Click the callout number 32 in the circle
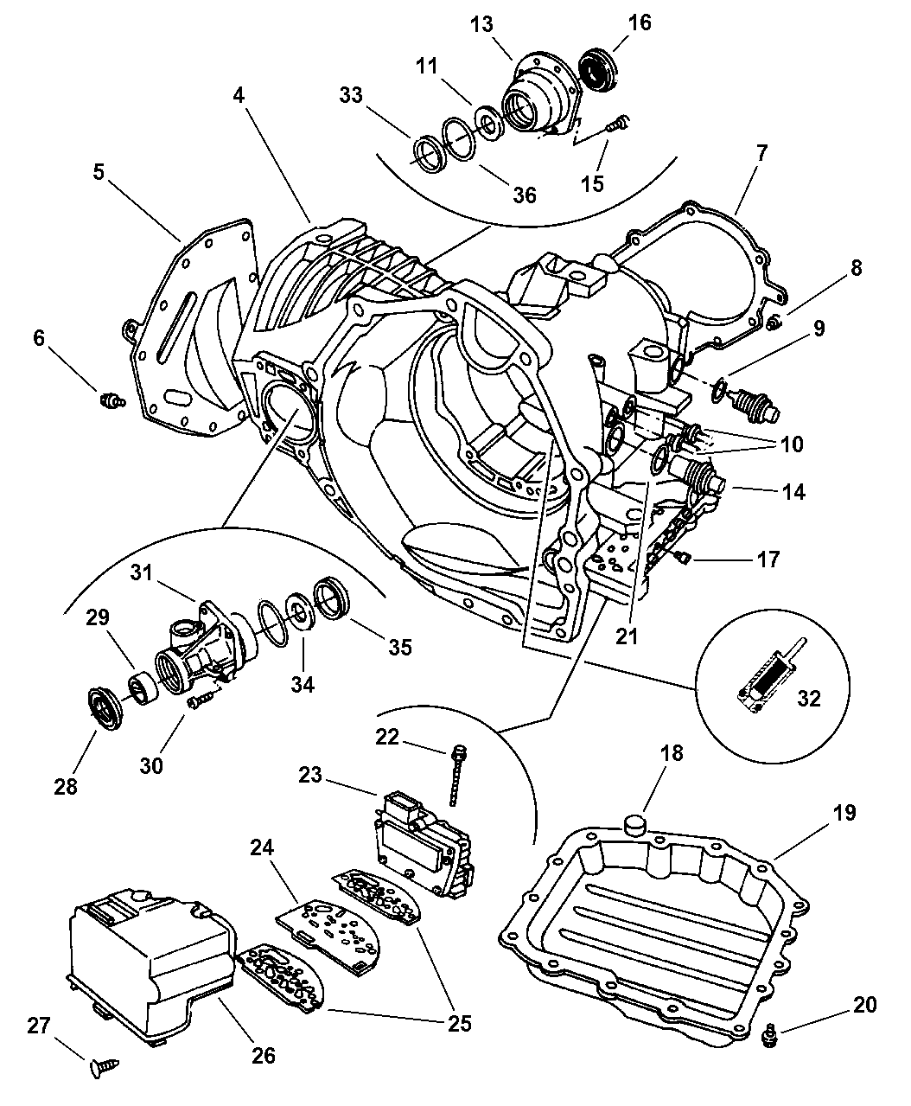(808, 699)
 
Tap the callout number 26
(264, 1055)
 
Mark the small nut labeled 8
(774, 323)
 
